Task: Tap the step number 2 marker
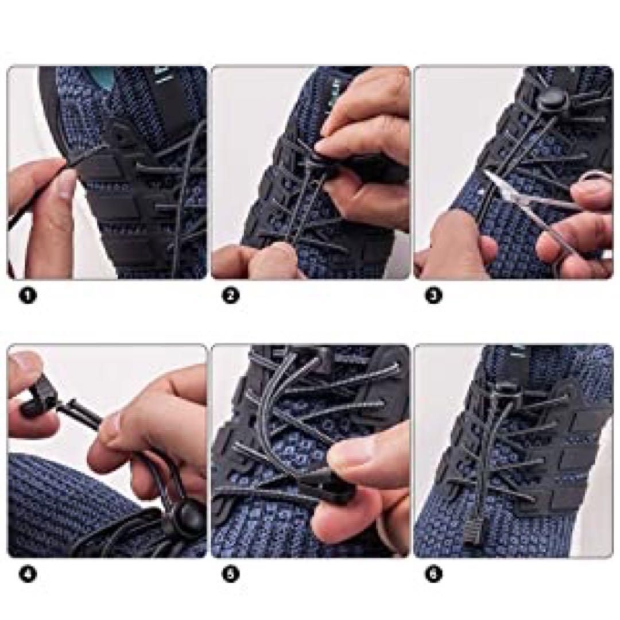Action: tap(231, 296)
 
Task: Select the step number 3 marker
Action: tap(433, 296)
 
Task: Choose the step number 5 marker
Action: tap(231, 574)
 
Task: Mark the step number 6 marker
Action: tap(433, 574)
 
